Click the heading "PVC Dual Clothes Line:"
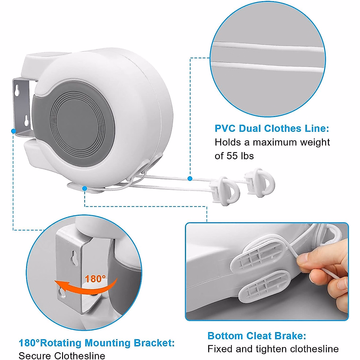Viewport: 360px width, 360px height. (272, 129)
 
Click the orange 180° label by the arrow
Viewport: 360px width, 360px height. (95, 279)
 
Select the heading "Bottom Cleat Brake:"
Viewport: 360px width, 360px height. (257, 336)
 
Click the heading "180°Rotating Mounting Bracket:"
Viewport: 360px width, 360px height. (97, 343)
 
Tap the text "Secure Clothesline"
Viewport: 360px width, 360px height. (62, 356)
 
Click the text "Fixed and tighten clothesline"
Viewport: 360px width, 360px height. (273, 349)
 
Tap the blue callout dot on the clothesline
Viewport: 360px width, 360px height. (190, 178)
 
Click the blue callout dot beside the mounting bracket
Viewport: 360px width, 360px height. (13, 131)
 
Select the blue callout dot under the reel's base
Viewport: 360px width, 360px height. (85, 188)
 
